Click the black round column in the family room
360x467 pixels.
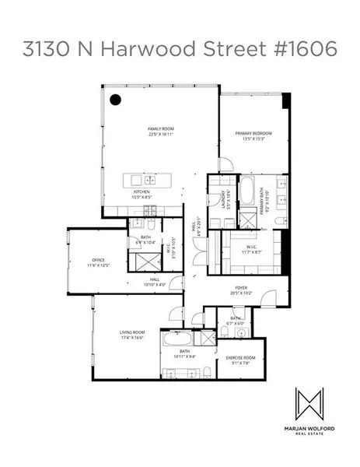(115, 99)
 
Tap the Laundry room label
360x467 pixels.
(222, 199)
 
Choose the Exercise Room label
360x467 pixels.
(240, 358)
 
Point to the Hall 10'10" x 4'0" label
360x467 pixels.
(154, 281)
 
